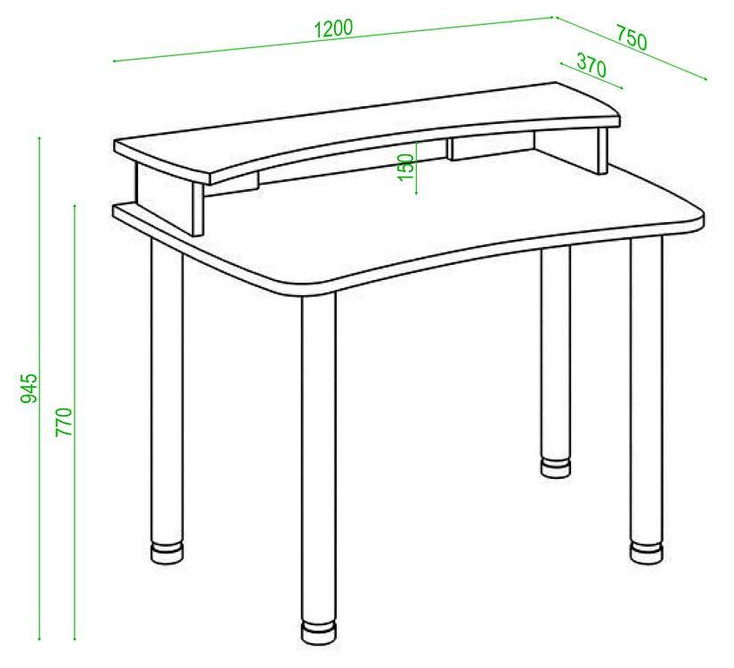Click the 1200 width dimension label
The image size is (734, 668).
click(333, 29)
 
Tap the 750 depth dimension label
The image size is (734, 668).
click(631, 37)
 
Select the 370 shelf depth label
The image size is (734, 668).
click(591, 65)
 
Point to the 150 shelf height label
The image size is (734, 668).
click(406, 167)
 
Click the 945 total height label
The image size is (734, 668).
click(29, 388)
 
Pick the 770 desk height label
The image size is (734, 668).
click(64, 422)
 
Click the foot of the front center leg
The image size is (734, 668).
click(318, 633)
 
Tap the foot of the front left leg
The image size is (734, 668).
click(167, 553)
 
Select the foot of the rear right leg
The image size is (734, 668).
click(556, 467)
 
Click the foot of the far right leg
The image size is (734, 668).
click(647, 553)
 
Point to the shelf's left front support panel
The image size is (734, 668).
click(198, 209)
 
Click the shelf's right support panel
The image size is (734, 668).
click(602, 150)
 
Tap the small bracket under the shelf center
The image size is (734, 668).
click(491, 145)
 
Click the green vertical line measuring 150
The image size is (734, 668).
click(416, 167)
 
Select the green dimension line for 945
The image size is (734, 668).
click(40, 389)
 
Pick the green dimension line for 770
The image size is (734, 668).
click(75, 422)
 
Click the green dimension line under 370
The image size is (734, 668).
click(591, 76)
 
